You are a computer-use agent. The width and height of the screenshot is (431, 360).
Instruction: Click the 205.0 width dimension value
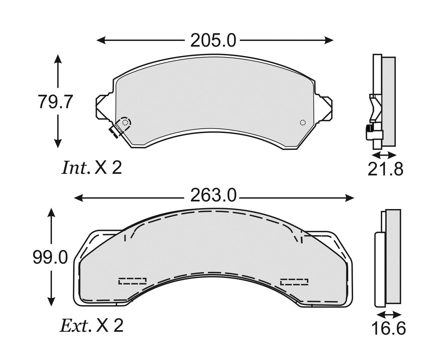click(x=213, y=41)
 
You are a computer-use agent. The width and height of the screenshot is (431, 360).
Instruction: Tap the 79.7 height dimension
click(x=55, y=101)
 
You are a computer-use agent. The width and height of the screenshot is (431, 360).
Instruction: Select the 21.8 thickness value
click(x=385, y=169)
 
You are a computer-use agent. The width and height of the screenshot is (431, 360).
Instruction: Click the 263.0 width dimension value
click(x=213, y=195)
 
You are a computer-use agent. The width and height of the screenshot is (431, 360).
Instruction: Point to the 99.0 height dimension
click(x=50, y=257)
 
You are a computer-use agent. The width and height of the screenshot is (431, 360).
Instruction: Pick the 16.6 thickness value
click(x=389, y=334)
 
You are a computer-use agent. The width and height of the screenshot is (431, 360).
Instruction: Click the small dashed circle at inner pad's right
click(x=303, y=122)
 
